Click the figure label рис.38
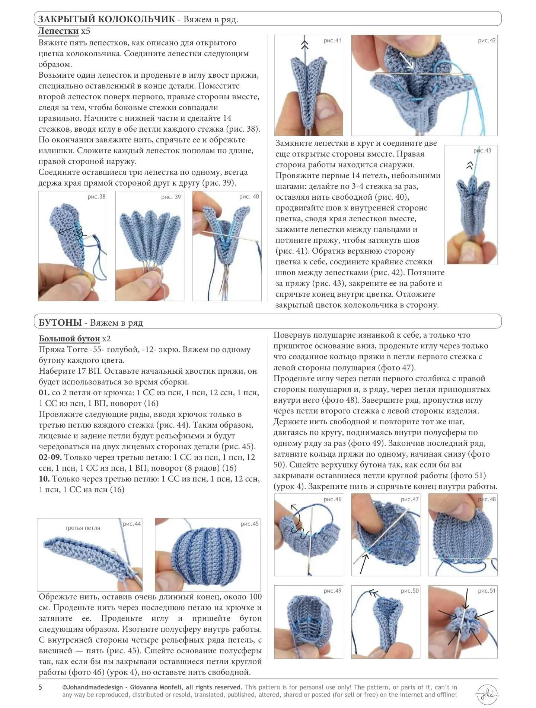[96, 197]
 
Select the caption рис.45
[249, 524]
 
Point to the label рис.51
[487, 590]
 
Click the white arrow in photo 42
[406, 60]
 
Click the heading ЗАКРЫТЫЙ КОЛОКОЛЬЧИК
[106, 19]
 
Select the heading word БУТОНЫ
[60, 322]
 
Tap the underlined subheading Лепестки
[58, 30]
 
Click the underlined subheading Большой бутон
[69, 338]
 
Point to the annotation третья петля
[83, 528]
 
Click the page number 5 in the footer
[40, 687]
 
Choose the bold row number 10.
[44, 479]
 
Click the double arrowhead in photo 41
[305, 45]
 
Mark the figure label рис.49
[332, 590]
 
